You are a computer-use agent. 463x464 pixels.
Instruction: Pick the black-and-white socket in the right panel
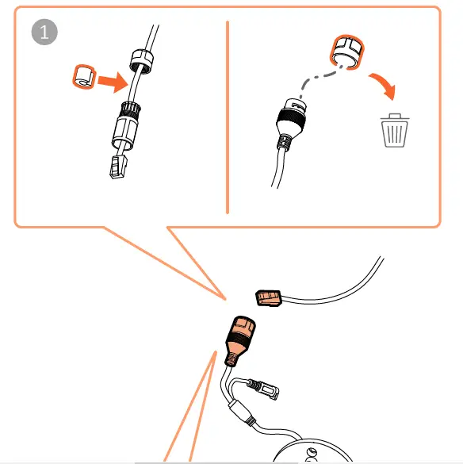pyautogui.click(x=291, y=119)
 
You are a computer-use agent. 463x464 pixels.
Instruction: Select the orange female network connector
pyautogui.click(x=239, y=335)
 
